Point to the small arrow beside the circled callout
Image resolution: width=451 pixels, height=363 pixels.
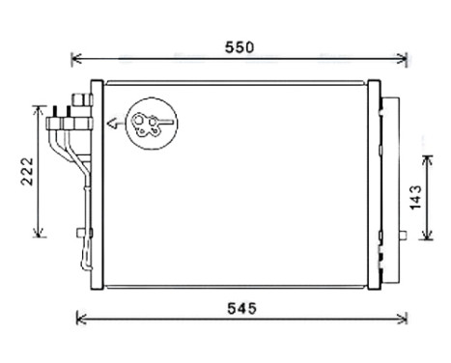tap(113, 123)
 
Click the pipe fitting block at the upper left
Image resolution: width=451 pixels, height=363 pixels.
tap(65, 122)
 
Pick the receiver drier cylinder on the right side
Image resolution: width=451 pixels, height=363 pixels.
tap(390, 183)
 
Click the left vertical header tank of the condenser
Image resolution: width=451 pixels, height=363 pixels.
tap(95, 183)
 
